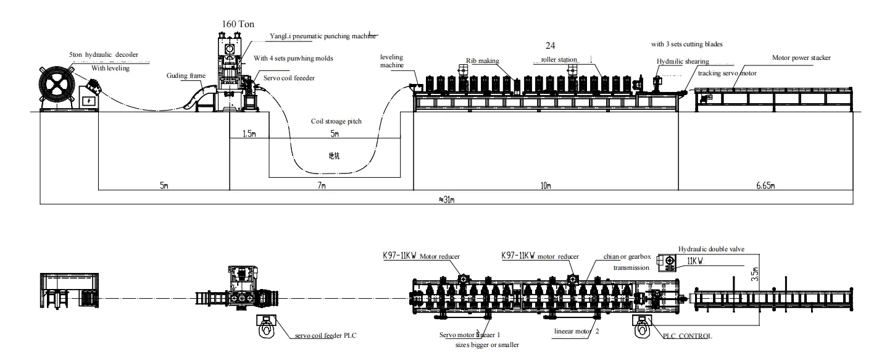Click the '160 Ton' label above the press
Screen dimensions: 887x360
pyautogui.click(x=238, y=24)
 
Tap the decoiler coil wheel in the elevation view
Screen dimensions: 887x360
pyautogui.click(x=57, y=85)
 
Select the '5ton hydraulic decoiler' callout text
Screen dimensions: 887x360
pyautogui.click(x=104, y=55)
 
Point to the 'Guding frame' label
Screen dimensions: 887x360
pyautogui.click(x=186, y=76)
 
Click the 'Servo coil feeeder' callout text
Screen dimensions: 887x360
pyautogui.click(x=289, y=78)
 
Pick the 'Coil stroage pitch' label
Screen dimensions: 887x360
pyautogui.click(x=336, y=121)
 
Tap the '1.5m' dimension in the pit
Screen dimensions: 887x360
pyautogui.click(x=249, y=134)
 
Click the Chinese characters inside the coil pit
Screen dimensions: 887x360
pyautogui.click(x=334, y=156)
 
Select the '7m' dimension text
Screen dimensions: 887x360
pyautogui.click(x=322, y=185)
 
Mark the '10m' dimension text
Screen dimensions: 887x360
pyautogui.click(x=546, y=185)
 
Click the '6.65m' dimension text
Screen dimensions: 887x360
pyautogui.click(x=765, y=185)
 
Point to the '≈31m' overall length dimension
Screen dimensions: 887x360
pyautogui.click(x=447, y=200)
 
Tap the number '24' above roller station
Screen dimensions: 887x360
pyautogui.click(x=551, y=46)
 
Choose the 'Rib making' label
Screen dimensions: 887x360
pyautogui.click(x=482, y=61)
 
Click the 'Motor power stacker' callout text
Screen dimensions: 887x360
pyautogui.click(x=801, y=58)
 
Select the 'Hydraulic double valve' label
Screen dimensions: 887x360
pyautogui.click(x=711, y=249)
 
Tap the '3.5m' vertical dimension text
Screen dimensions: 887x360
pyautogui.click(x=755, y=274)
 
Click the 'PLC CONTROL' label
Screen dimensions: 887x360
pyautogui.click(x=688, y=336)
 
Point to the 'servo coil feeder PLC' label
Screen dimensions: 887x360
pyautogui.click(x=325, y=335)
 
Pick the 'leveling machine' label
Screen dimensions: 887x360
pyautogui.click(x=391, y=61)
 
